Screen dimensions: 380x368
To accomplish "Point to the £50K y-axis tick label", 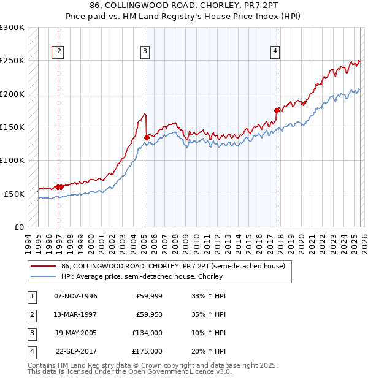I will [x=14, y=194].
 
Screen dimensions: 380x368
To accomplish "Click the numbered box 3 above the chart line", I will [x=145, y=51].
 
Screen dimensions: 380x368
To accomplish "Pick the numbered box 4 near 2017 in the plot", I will [x=275, y=51].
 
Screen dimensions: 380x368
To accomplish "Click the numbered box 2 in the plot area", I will [x=59, y=51].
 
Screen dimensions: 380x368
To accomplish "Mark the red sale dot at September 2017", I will [x=277, y=110].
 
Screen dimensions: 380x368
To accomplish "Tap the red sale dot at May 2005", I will [x=147, y=137].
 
